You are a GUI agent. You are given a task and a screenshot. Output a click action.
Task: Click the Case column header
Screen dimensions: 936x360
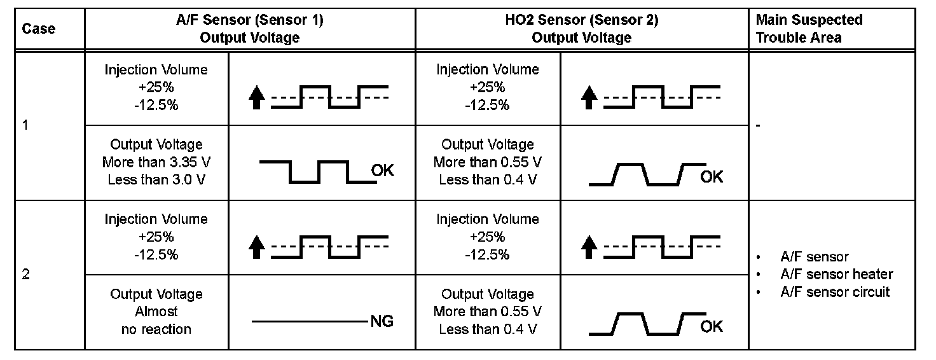(39, 29)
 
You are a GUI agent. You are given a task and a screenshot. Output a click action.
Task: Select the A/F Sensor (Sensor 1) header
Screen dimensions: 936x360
(250, 29)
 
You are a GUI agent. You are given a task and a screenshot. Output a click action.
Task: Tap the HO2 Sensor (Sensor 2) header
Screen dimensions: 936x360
(581, 29)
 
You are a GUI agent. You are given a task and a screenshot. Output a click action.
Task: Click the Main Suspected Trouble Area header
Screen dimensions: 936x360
(809, 29)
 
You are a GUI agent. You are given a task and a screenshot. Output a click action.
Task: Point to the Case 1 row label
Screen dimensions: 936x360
(25, 125)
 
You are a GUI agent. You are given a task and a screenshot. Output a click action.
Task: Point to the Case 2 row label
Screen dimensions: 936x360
(26, 275)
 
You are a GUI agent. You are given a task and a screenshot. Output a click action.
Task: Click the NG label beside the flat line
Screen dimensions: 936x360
(382, 322)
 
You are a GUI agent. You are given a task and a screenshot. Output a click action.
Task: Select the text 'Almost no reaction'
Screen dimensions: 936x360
(156, 312)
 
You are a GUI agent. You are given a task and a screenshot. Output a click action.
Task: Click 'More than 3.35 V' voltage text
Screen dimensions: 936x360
(156, 162)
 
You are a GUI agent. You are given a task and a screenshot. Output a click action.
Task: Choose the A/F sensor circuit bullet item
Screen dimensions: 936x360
(834, 292)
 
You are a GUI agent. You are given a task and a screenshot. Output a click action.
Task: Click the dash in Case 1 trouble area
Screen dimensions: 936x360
(759, 125)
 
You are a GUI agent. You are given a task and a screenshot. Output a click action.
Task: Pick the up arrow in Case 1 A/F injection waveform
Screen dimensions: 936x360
(256, 99)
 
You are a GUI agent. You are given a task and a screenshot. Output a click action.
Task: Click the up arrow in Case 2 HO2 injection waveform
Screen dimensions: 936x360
(589, 248)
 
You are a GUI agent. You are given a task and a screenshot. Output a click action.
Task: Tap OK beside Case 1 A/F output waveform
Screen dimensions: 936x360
(382, 170)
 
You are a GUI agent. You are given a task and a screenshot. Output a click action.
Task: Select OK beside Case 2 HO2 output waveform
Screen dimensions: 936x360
(712, 326)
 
